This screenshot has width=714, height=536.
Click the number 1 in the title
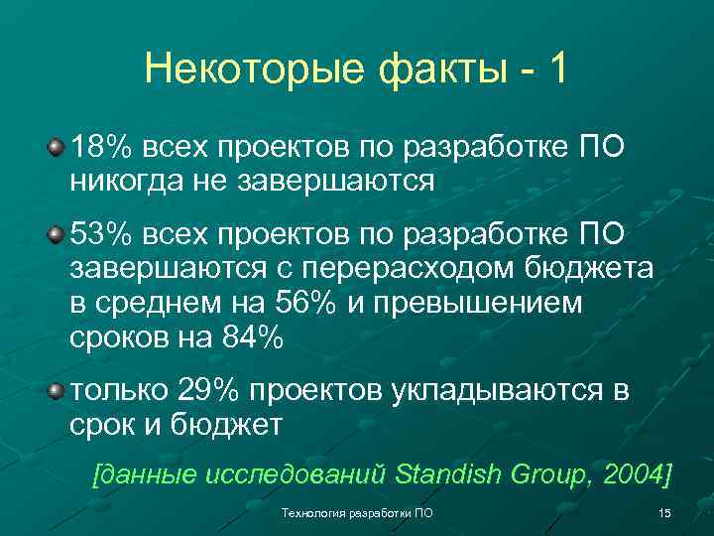pos(558,69)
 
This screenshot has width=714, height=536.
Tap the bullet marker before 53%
pos(59,234)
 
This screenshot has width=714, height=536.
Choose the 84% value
pos(251,336)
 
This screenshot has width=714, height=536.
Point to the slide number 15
pos(664,512)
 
